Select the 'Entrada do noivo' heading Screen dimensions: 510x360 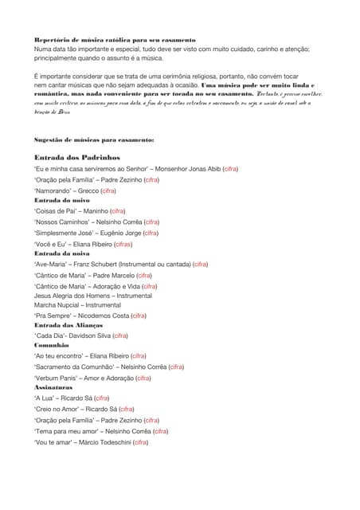point(61,201)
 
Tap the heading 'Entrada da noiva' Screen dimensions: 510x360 point(61,253)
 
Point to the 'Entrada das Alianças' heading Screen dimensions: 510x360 point(68,325)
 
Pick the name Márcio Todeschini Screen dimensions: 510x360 point(101,441)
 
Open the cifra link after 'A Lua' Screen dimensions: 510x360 point(101,397)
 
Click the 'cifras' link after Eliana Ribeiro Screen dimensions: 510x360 point(123,244)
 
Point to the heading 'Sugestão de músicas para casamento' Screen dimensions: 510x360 point(94,139)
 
